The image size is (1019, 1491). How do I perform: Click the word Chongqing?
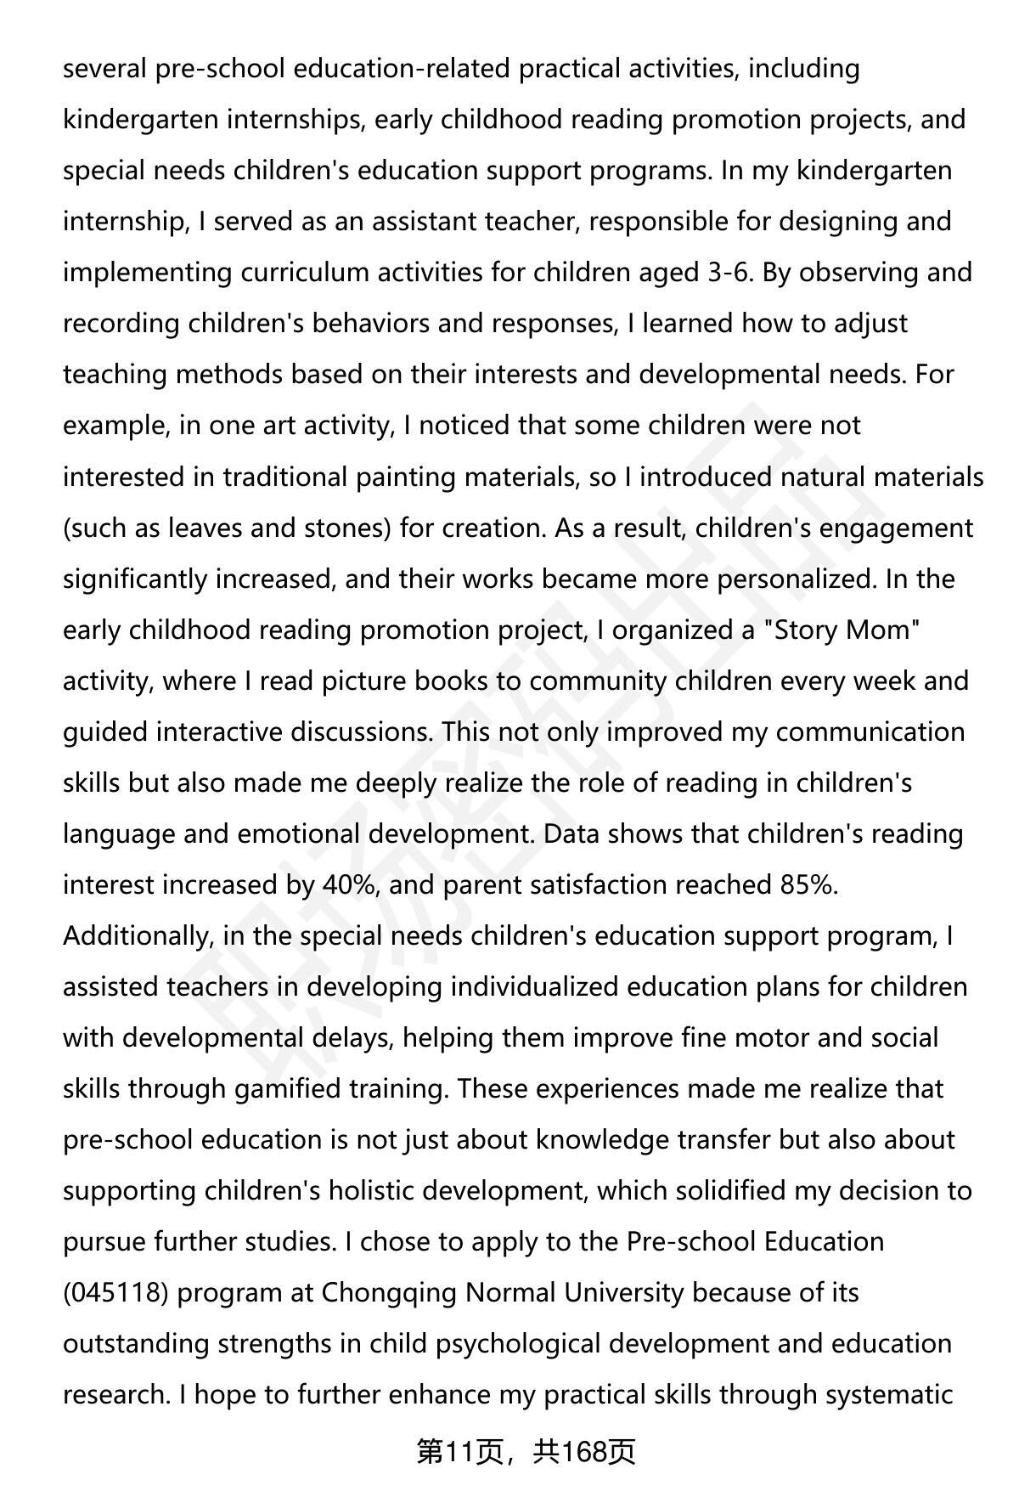390,1293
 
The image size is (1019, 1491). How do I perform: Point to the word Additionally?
136,936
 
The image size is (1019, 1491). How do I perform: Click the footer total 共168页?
584,1453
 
